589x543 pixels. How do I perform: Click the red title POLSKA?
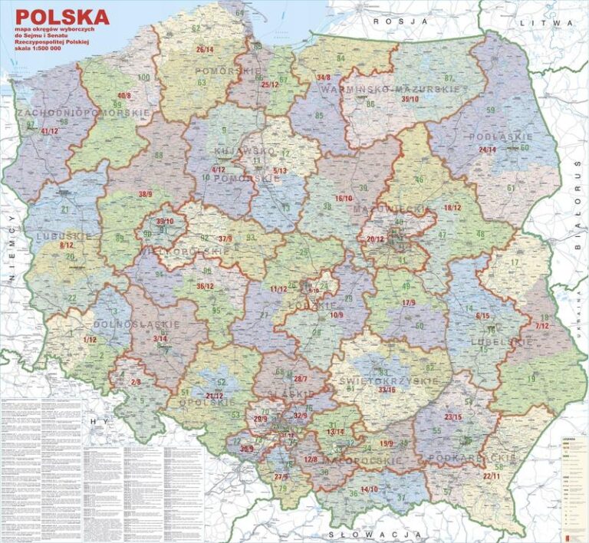tap(63, 16)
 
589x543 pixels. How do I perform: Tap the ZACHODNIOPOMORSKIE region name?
tap(82, 113)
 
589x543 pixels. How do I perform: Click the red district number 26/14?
tap(205, 49)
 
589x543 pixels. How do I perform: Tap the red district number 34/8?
tap(324, 77)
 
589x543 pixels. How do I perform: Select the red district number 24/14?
tap(487, 149)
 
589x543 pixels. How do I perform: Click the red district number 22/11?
tap(492, 476)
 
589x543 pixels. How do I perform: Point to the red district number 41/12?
tap(49, 131)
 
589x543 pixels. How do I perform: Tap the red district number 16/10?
tap(343, 198)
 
